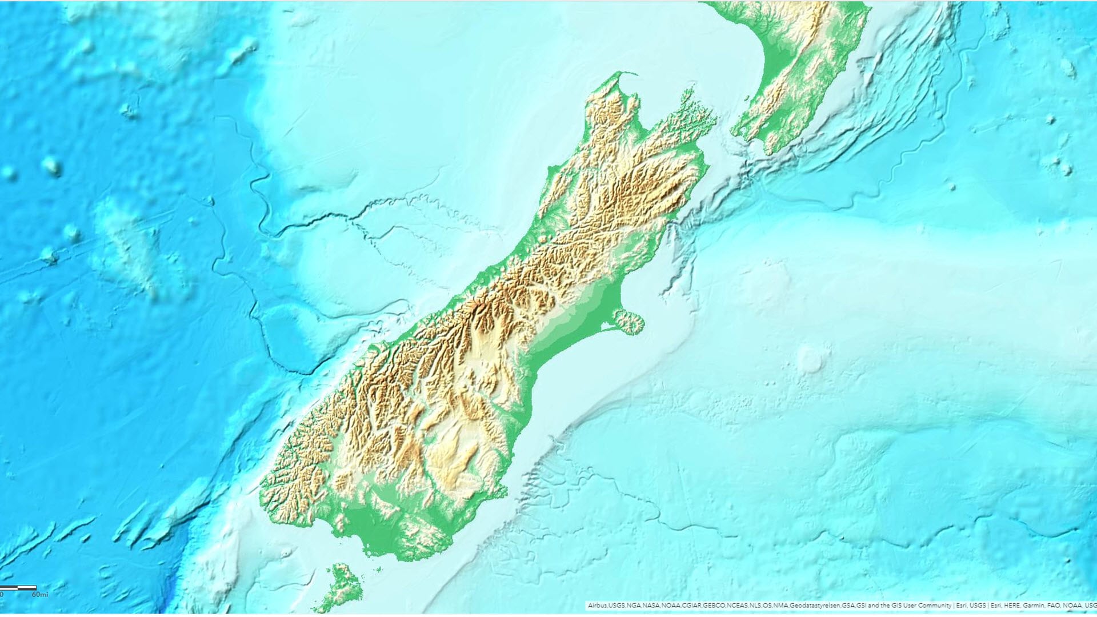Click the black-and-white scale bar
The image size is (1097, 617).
point(18,587)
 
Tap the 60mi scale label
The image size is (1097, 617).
point(40,595)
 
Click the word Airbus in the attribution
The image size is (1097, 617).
point(597,606)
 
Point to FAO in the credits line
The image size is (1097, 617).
point(1055,606)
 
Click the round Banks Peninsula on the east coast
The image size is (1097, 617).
point(628,322)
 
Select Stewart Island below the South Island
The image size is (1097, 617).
point(343,586)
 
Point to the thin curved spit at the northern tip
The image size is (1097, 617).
point(626,74)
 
